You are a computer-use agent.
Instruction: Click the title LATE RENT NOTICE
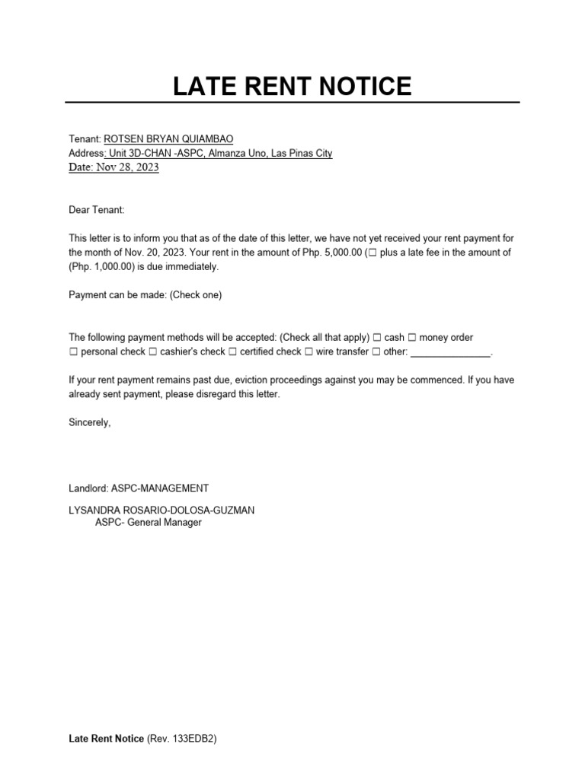(x=292, y=86)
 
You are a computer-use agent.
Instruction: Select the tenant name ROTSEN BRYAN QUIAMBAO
(x=168, y=139)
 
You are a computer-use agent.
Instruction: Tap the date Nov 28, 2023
(x=127, y=168)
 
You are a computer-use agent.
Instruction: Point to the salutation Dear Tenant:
(x=96, y=209)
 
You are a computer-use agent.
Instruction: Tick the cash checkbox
(x=376, y=337)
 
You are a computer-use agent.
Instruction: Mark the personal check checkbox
(x=73, y=352)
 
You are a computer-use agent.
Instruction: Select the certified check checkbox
(x=233, y=352)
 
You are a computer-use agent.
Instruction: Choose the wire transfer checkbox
(x=308, y=352)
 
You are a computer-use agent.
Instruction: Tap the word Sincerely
(x=89, y=423)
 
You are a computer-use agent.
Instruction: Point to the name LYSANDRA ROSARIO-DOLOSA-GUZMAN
(x=161, y=510)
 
